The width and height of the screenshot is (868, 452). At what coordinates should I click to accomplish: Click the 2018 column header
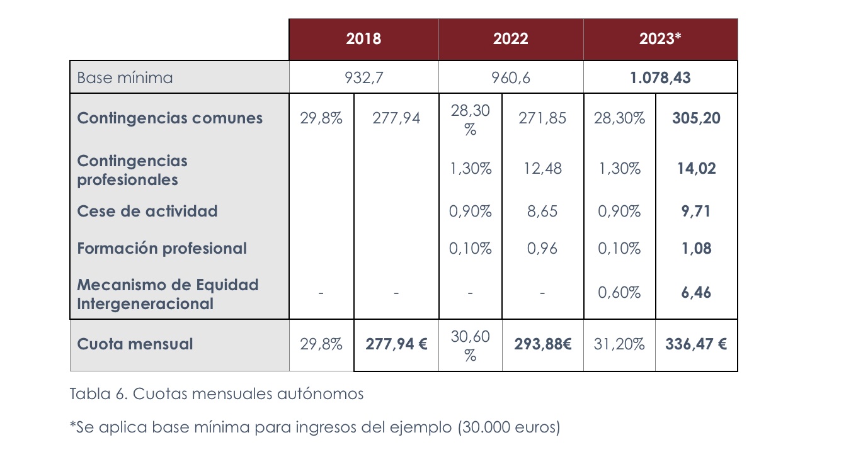click(x=363, y=39)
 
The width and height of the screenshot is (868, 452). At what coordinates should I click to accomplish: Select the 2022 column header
click(x=511, y=39)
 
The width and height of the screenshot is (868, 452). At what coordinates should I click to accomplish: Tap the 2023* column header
click(x=660, y=39)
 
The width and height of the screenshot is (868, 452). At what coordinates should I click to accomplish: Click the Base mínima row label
click(x=125, y=78)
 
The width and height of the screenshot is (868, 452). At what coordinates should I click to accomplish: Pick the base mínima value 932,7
click(x=363, y=78)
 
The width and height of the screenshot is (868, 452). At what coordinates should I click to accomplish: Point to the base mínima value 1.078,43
click(x=660, y=78)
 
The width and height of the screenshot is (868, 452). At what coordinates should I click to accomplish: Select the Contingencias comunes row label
click(x=169, y=118)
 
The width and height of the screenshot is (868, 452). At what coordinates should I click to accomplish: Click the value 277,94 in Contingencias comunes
click(x=396, y=118)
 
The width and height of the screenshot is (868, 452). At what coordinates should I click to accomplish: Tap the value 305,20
click(x=696, y=118)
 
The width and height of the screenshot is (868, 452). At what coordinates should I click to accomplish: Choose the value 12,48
click(x=542, y=169)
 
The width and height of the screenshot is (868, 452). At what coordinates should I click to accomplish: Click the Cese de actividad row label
click(x=147, y=211)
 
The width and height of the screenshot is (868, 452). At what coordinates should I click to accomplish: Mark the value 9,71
click(x=696, y=211)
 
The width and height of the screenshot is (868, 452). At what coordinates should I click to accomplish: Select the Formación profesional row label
click(x=162, y=249)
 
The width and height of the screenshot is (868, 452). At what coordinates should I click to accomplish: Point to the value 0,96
click(x=542, y=249)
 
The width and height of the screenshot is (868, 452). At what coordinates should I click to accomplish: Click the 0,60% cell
click(x=619, y=293)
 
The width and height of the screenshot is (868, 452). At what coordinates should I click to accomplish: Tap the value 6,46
click(x=696, y=293)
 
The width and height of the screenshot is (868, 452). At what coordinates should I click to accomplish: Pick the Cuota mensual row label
click(x=135, y=344)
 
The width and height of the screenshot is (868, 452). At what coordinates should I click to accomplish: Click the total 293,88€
click(x=542, y=344)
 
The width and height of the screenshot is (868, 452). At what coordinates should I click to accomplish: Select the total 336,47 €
click(x=696, y=344)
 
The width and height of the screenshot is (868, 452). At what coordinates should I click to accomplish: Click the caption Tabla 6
click(x=216, y=394)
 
